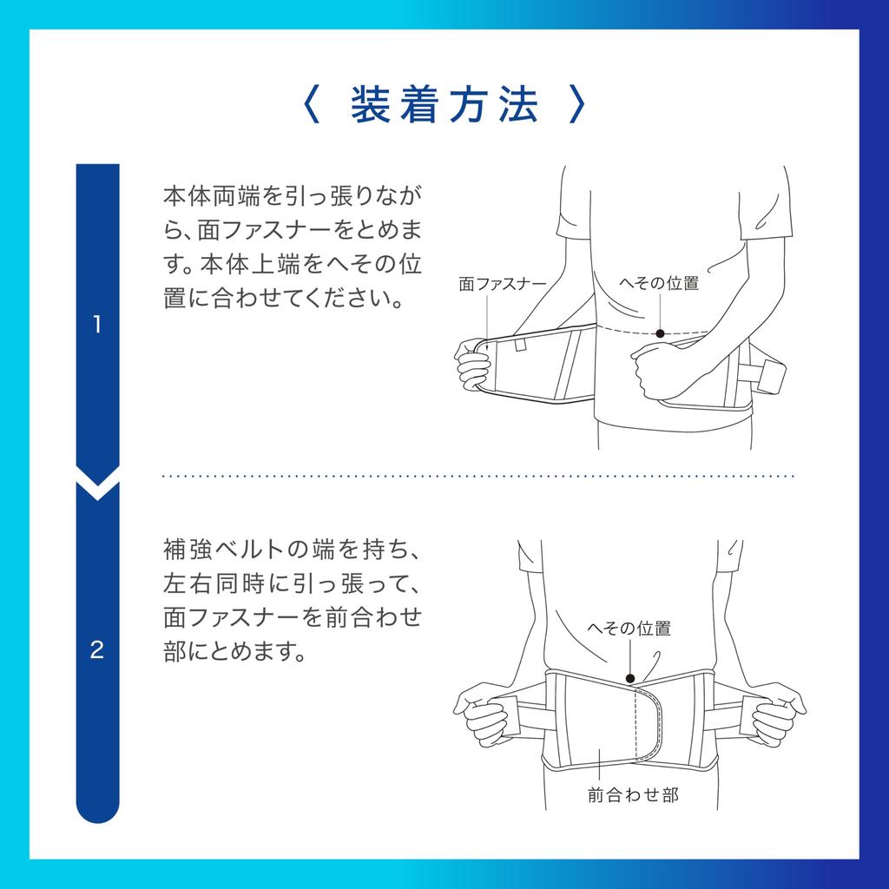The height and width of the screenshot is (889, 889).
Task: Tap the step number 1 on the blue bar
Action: click(x=97, y=326)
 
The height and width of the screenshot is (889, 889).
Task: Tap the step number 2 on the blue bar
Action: click(x=97, y=649)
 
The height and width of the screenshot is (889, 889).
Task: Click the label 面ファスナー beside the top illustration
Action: click(x=503, y=284)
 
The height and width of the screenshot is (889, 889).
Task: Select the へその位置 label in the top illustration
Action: click(x=659, y=283)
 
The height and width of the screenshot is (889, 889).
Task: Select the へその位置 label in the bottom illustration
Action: click(x=629, y=629)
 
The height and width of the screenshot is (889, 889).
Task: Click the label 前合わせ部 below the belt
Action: click(x=633, y=794)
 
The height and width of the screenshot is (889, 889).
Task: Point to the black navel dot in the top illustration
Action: click(x=660, y=333)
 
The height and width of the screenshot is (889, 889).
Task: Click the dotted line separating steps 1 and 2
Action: click(x=477, y=477)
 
